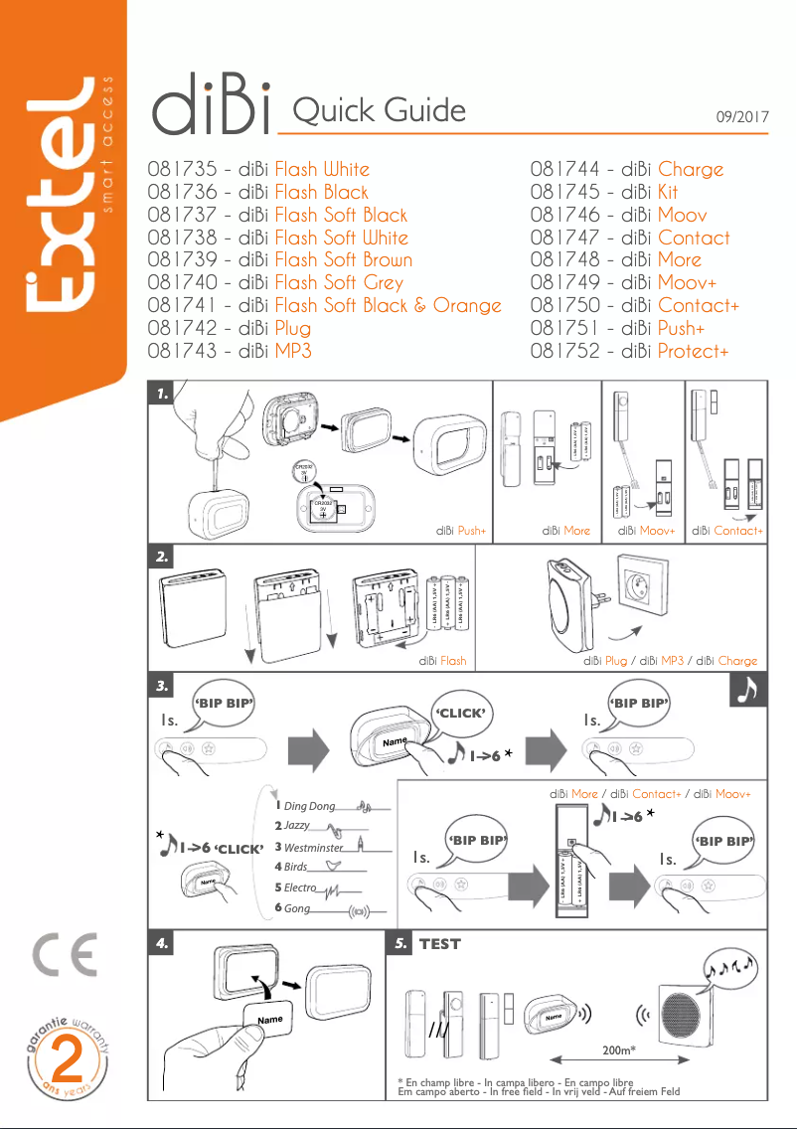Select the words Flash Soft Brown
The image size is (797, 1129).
(x=343, y=260)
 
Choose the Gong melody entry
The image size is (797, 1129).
(x=297, y=909)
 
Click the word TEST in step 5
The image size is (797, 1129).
(x=439, y=944)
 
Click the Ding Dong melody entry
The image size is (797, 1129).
(x=310, y=806)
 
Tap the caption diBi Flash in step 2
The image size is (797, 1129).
(x=442, y=660)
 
